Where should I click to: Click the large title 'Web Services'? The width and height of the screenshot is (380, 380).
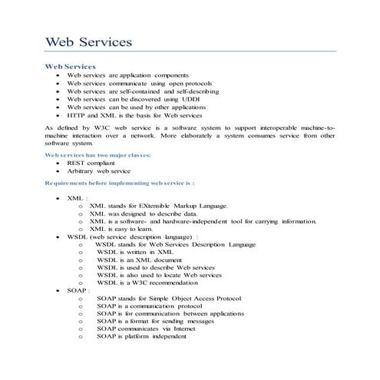tap(88, 41)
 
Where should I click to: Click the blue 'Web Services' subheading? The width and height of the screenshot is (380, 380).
tap(71, 67)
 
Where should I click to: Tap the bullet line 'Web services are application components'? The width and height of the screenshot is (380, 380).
tap(122, 75)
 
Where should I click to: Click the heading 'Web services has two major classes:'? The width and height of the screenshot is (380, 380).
tap(97, 155)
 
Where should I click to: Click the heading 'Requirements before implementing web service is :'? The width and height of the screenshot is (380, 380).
tap(120, 184)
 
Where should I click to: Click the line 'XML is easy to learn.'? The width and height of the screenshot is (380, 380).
tap(121, 229)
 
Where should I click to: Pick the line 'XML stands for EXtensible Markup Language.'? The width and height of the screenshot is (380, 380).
tap(158, 206)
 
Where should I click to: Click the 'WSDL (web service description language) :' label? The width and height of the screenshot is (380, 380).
tap(133, 236)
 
